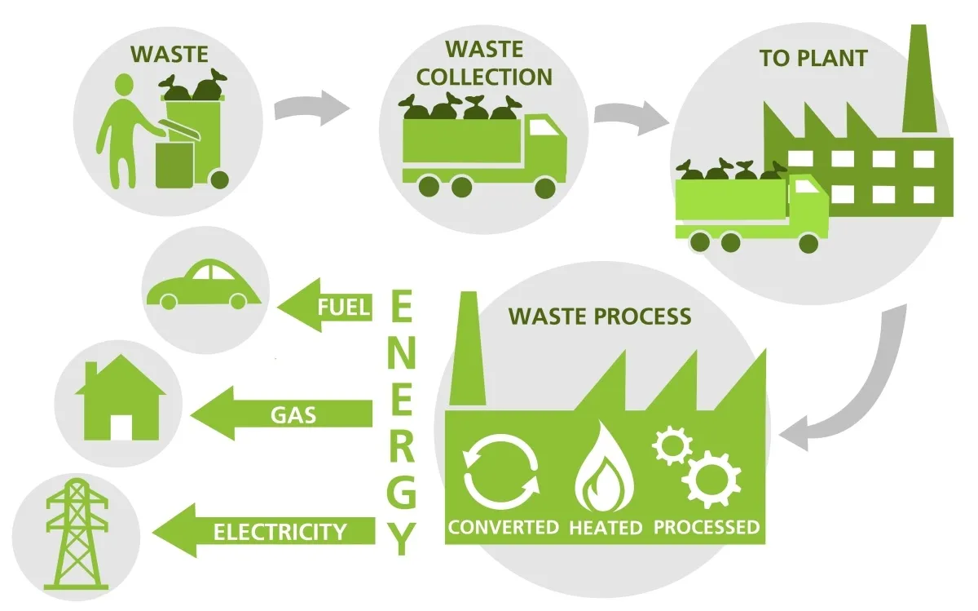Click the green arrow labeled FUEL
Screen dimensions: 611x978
pos(326,308)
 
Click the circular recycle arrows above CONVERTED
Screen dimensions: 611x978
pos(500,472)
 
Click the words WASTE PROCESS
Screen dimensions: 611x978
pos(600,317)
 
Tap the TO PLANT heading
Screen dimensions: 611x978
pos(813,59)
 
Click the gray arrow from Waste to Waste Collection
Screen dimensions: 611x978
pos(311,107)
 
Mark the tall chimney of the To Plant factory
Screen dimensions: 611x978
pos(918,82)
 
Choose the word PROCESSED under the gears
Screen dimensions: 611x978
pos(707,527)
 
